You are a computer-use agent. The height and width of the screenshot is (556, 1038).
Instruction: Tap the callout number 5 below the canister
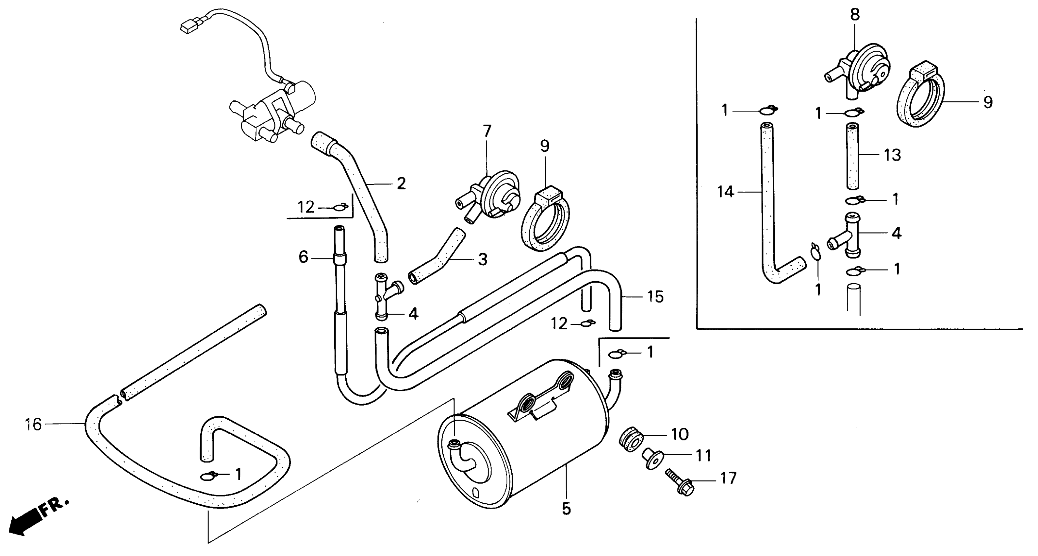click(566, 509)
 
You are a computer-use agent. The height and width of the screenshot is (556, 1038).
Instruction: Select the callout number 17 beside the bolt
click(728, 478)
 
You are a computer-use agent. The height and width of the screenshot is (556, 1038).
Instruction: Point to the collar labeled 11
click(651, 459)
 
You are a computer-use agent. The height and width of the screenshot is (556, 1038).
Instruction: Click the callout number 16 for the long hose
click(33, 425)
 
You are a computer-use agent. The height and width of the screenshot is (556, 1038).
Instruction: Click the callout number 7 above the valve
click(487, 131)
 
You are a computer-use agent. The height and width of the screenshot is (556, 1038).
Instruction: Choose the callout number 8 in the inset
click(855, 14)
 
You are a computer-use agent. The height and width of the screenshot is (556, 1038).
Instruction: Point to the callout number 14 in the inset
click(725, 192)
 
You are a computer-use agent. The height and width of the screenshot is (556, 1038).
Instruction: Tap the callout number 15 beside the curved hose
click(655, 297)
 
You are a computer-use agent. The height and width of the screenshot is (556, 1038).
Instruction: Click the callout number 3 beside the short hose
click(482, 259)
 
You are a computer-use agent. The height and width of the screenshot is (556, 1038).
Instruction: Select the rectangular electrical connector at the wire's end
click(187, 27)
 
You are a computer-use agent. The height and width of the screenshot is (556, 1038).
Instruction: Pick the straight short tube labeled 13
click(852, 157)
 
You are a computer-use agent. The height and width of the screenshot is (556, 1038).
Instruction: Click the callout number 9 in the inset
click(988, 102)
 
